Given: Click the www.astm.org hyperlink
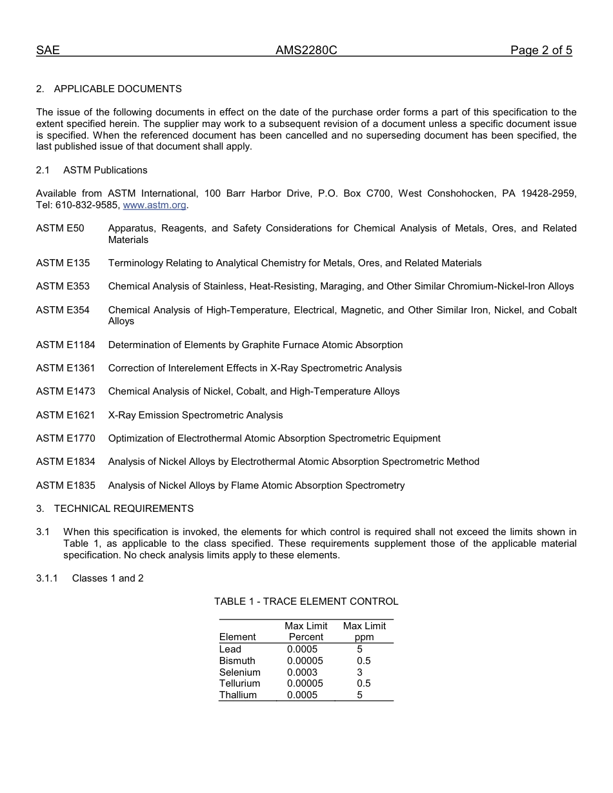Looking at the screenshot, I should coord(154,205).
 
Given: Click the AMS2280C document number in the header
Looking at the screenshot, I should coord(306,50).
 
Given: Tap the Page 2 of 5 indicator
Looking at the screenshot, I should coord(541,50).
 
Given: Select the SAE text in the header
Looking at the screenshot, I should coord(48,50).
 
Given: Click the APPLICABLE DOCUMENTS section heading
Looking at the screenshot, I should coord(117,89).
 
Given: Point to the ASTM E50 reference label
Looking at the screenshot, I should coord(60,228).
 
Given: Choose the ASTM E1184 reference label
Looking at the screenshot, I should coord(65,345).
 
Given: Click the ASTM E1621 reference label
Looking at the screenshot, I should coord(65,415).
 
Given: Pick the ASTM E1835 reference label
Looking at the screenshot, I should coord(65,485).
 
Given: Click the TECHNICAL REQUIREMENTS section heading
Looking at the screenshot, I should coord(123,509).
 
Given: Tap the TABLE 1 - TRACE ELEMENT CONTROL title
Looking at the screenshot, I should coord(306,602).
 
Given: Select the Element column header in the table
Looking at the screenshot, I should coord(237,637).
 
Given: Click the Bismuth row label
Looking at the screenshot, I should coord(237,661).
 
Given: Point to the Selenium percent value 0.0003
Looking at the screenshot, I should coord(302,672).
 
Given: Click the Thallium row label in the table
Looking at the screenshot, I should coord(237,695).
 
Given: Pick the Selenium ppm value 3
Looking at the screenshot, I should coord(360,672).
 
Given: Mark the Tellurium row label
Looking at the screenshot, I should coord(239,683).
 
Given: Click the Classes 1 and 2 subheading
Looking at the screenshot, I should coord(108,578).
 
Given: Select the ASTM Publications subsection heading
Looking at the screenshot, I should coord(105,170).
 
